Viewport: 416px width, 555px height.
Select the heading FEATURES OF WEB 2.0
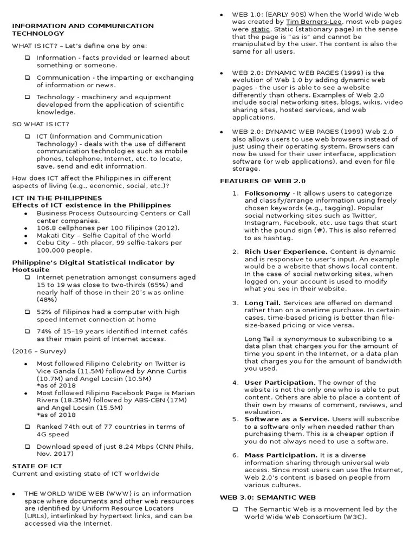coord(255,180)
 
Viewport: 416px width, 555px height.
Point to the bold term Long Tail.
coord(262,303)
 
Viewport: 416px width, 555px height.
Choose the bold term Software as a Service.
coord(287,419)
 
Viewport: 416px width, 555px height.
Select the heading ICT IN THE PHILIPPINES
coord(57,198)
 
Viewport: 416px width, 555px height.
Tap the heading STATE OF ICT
coord(37,466)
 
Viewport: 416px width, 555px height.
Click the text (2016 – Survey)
coord(39,351)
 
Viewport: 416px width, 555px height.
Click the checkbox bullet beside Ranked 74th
coord(27,427)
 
